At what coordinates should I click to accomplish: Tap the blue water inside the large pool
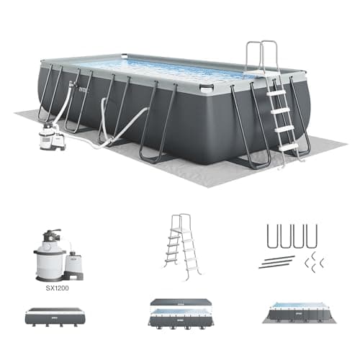coord(166,68)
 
